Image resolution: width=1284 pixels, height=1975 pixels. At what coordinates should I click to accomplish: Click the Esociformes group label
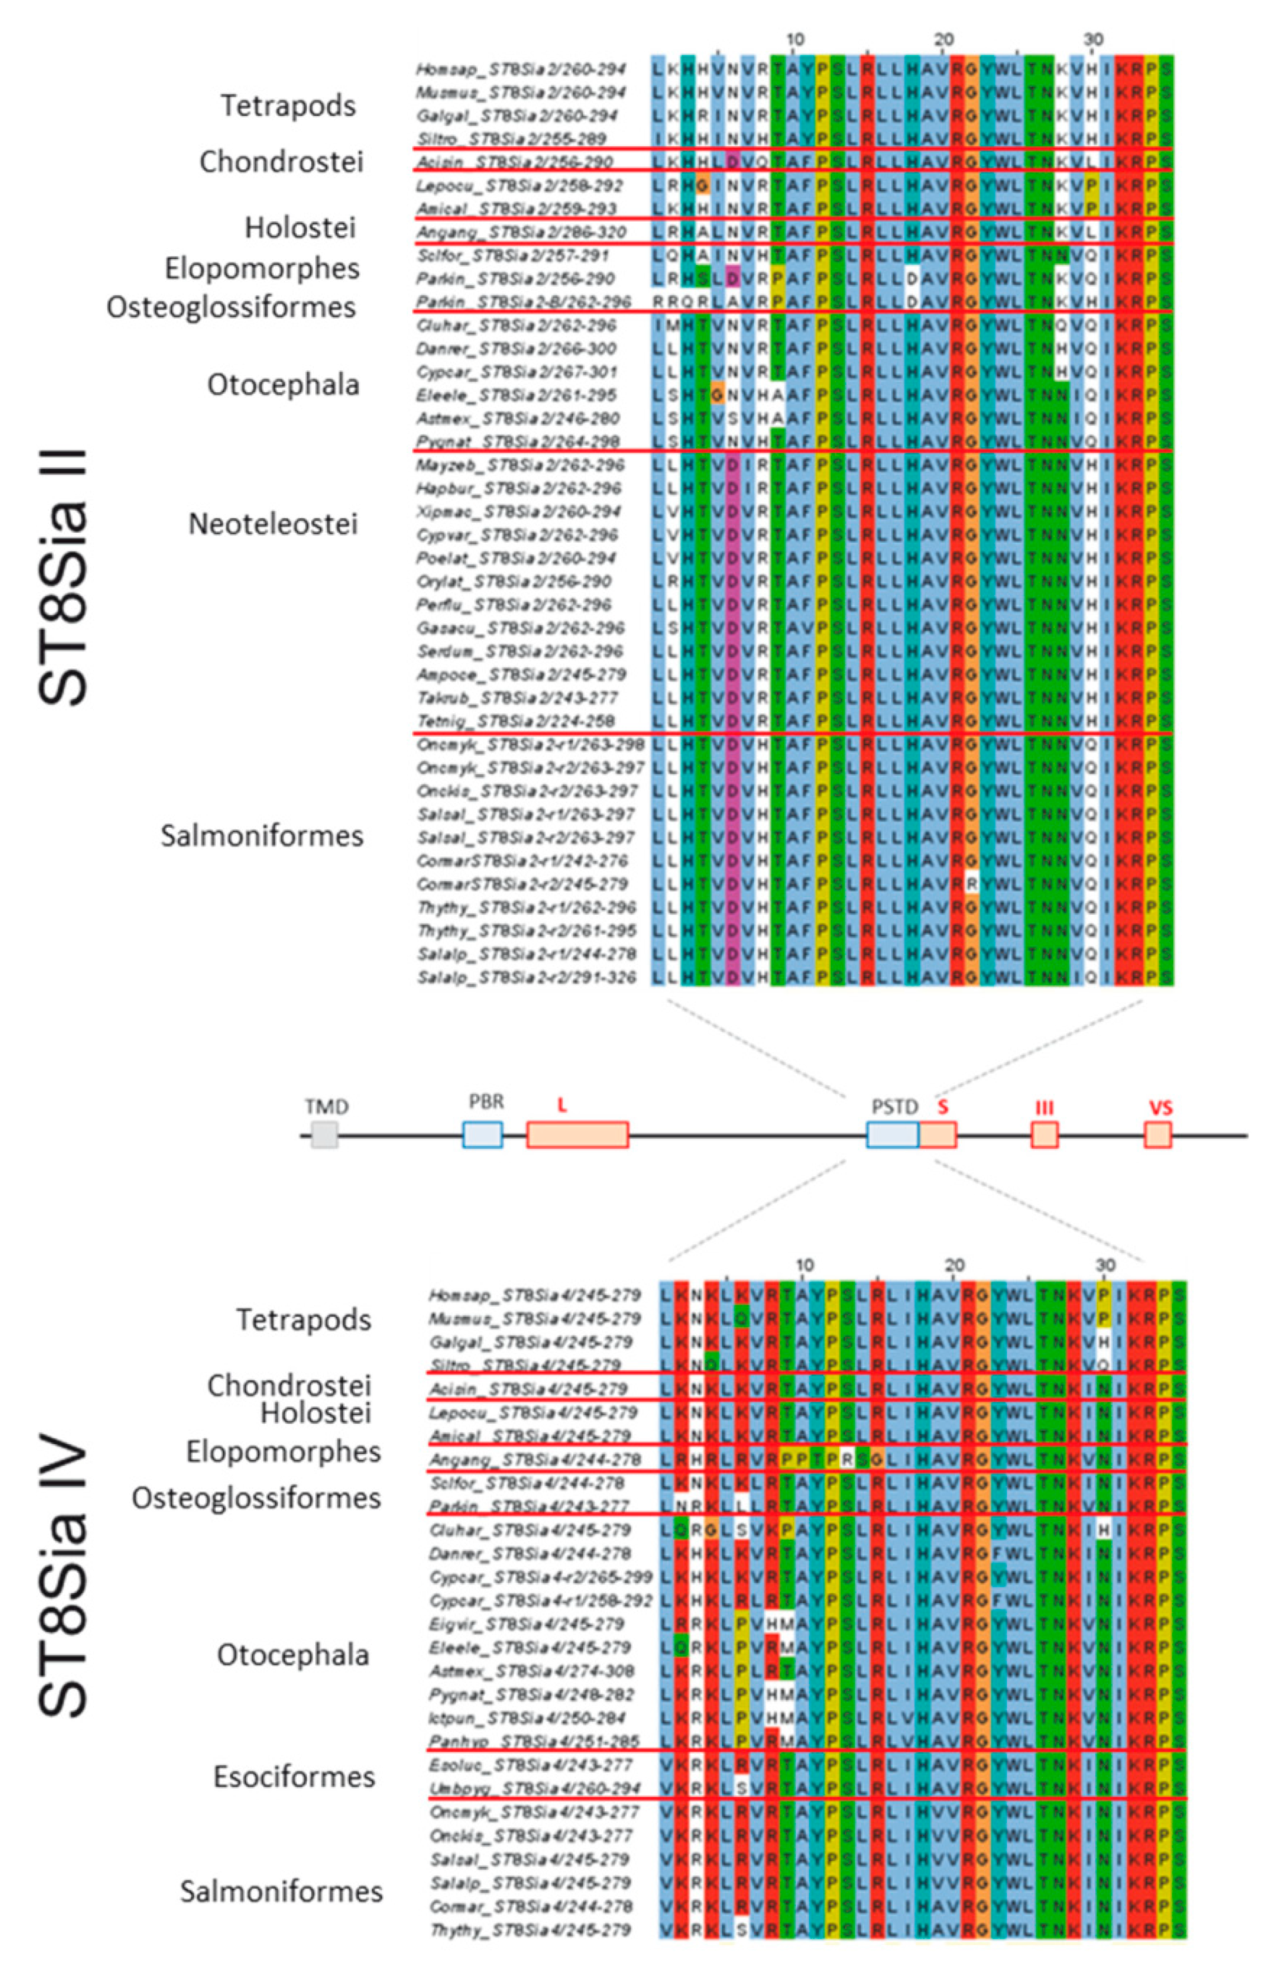294,1776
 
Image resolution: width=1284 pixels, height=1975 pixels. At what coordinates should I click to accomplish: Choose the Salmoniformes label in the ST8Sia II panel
262,836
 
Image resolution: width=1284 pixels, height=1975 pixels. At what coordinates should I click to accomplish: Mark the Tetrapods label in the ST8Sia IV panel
304,1320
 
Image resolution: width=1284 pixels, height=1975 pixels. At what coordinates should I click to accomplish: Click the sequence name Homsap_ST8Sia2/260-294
521,69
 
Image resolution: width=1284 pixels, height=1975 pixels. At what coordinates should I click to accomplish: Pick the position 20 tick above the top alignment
943,40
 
